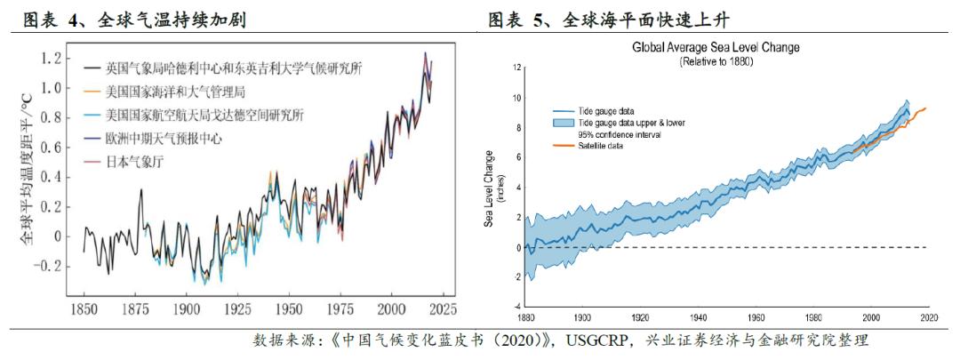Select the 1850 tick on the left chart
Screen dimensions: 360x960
point(84,310)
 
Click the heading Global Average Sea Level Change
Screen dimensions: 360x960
point(715,47)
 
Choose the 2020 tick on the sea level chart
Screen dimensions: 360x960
point(928,316)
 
